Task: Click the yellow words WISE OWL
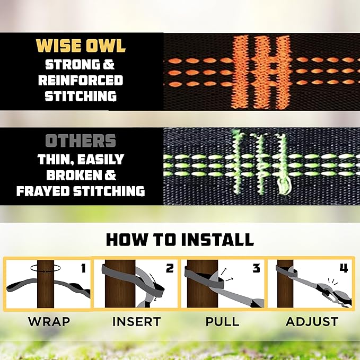[x=81, y=46]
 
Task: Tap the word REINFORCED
[x=84, y=81]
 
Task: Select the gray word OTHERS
[x=81, y=141]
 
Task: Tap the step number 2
[x=170, y=268]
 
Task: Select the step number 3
[x=256, y=268]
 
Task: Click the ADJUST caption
[x=312, y=321]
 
